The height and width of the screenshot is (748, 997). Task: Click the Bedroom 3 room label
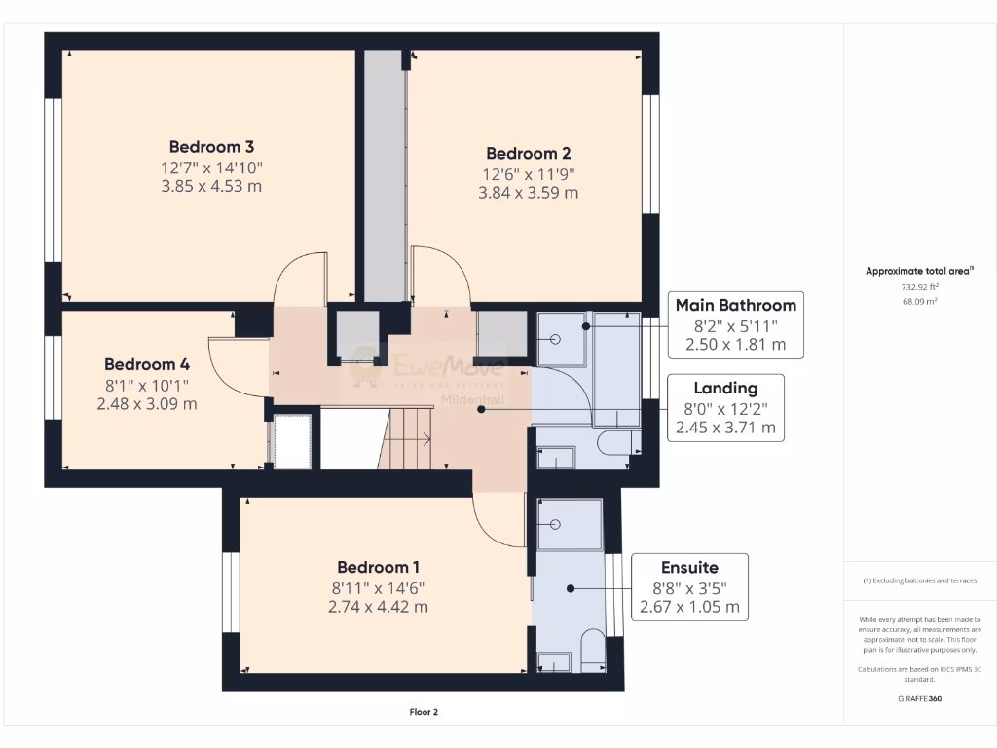click(x=211, y=147)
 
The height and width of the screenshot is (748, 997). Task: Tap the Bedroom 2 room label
click(x=528, y=153)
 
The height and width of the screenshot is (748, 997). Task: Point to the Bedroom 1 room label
click(x=380, y=567)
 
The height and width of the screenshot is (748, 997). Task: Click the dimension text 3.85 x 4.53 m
click(x=211, y=187)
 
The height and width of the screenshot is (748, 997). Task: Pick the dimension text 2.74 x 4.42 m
click(x=380, y=607)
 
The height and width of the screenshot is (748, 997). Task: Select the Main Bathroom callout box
click(x=735, y=324)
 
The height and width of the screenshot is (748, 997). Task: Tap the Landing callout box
click(x=725, y=407)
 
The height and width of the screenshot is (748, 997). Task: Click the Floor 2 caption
click(x=424, y=712)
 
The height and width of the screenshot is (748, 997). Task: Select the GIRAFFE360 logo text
click(x=918, y=698)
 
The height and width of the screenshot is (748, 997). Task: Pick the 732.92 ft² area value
click(x=918, y=287)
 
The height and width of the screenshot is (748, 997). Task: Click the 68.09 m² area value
click(x=918, y=302)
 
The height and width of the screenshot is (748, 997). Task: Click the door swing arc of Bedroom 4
click(x=237, y=370)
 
